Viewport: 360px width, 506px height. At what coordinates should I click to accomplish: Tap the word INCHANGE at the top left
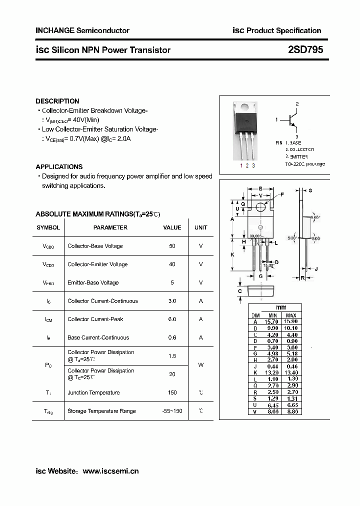pos(54,30)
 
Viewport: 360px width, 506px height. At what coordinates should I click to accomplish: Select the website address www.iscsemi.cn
pos(110,471)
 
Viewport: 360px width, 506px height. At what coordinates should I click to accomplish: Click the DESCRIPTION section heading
pos(57,101)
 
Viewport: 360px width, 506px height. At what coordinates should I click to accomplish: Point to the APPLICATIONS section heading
pos(59,166)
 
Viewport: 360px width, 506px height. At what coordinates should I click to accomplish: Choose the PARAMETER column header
pos(110,227)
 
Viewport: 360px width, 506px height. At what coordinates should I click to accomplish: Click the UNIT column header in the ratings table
pos(201,227)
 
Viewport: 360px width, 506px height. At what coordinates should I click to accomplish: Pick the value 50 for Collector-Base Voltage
pos(172,246)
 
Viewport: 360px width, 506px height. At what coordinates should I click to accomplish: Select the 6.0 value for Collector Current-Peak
pos(172,319)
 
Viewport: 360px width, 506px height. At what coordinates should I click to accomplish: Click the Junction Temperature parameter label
pos(93,392)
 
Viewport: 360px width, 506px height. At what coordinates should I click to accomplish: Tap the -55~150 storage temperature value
pos(172,411)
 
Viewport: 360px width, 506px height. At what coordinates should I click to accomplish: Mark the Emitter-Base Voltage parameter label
pos(93,282)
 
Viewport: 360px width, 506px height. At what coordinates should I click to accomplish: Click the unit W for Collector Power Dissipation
pos(201,365)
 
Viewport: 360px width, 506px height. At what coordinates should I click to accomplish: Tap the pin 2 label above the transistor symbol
pos(297,104)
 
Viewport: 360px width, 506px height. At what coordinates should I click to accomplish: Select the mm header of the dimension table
pos(281,307)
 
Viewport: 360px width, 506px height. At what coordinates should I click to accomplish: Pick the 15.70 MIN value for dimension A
pos(272,321)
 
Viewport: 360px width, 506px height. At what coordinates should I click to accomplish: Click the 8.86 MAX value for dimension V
pos(291,411)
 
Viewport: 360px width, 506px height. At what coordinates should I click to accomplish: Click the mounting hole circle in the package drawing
pos(260,207)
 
